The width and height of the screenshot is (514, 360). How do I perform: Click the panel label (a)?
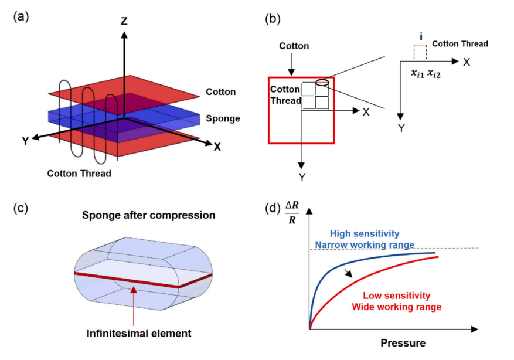21,17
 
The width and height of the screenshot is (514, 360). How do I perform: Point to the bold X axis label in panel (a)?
217,147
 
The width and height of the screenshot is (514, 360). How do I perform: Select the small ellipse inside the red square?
321,84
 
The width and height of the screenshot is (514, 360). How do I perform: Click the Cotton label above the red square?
294,46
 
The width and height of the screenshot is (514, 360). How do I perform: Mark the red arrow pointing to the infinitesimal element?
134,305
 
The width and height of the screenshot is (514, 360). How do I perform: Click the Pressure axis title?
403,343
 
